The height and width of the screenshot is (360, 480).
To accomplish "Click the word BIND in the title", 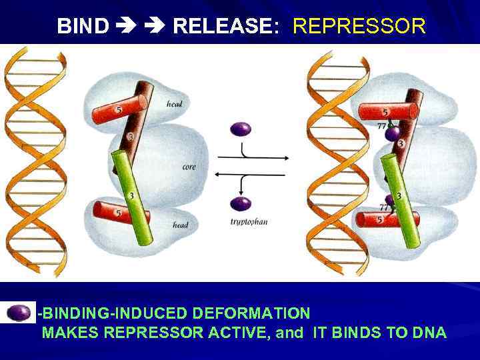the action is click(83, 26).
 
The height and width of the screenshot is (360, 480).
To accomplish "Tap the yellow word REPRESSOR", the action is click(359, 26).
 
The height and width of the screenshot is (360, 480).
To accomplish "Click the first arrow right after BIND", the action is click(125, 26).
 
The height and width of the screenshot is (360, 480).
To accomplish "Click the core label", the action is click(189, 167).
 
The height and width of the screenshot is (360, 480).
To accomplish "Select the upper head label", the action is click(175, 103).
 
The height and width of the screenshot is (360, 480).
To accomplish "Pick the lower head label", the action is click(180, 225).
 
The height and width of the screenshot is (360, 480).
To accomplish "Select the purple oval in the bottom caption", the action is click(20, 312).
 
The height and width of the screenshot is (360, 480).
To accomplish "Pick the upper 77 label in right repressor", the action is click(382, 125).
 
